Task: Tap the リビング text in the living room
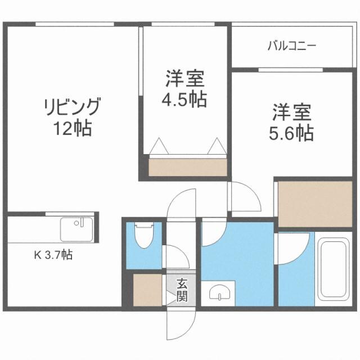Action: point(73,107)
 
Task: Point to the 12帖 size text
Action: point(73,129)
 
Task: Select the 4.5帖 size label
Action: point(184,100)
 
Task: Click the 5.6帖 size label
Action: point(292,133)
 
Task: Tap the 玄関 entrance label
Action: point(181,290)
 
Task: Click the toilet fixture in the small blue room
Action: point(145,236)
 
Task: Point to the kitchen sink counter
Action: point(76,229)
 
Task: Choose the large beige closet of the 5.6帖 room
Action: point(315,204)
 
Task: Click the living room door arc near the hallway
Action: point(181,202)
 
